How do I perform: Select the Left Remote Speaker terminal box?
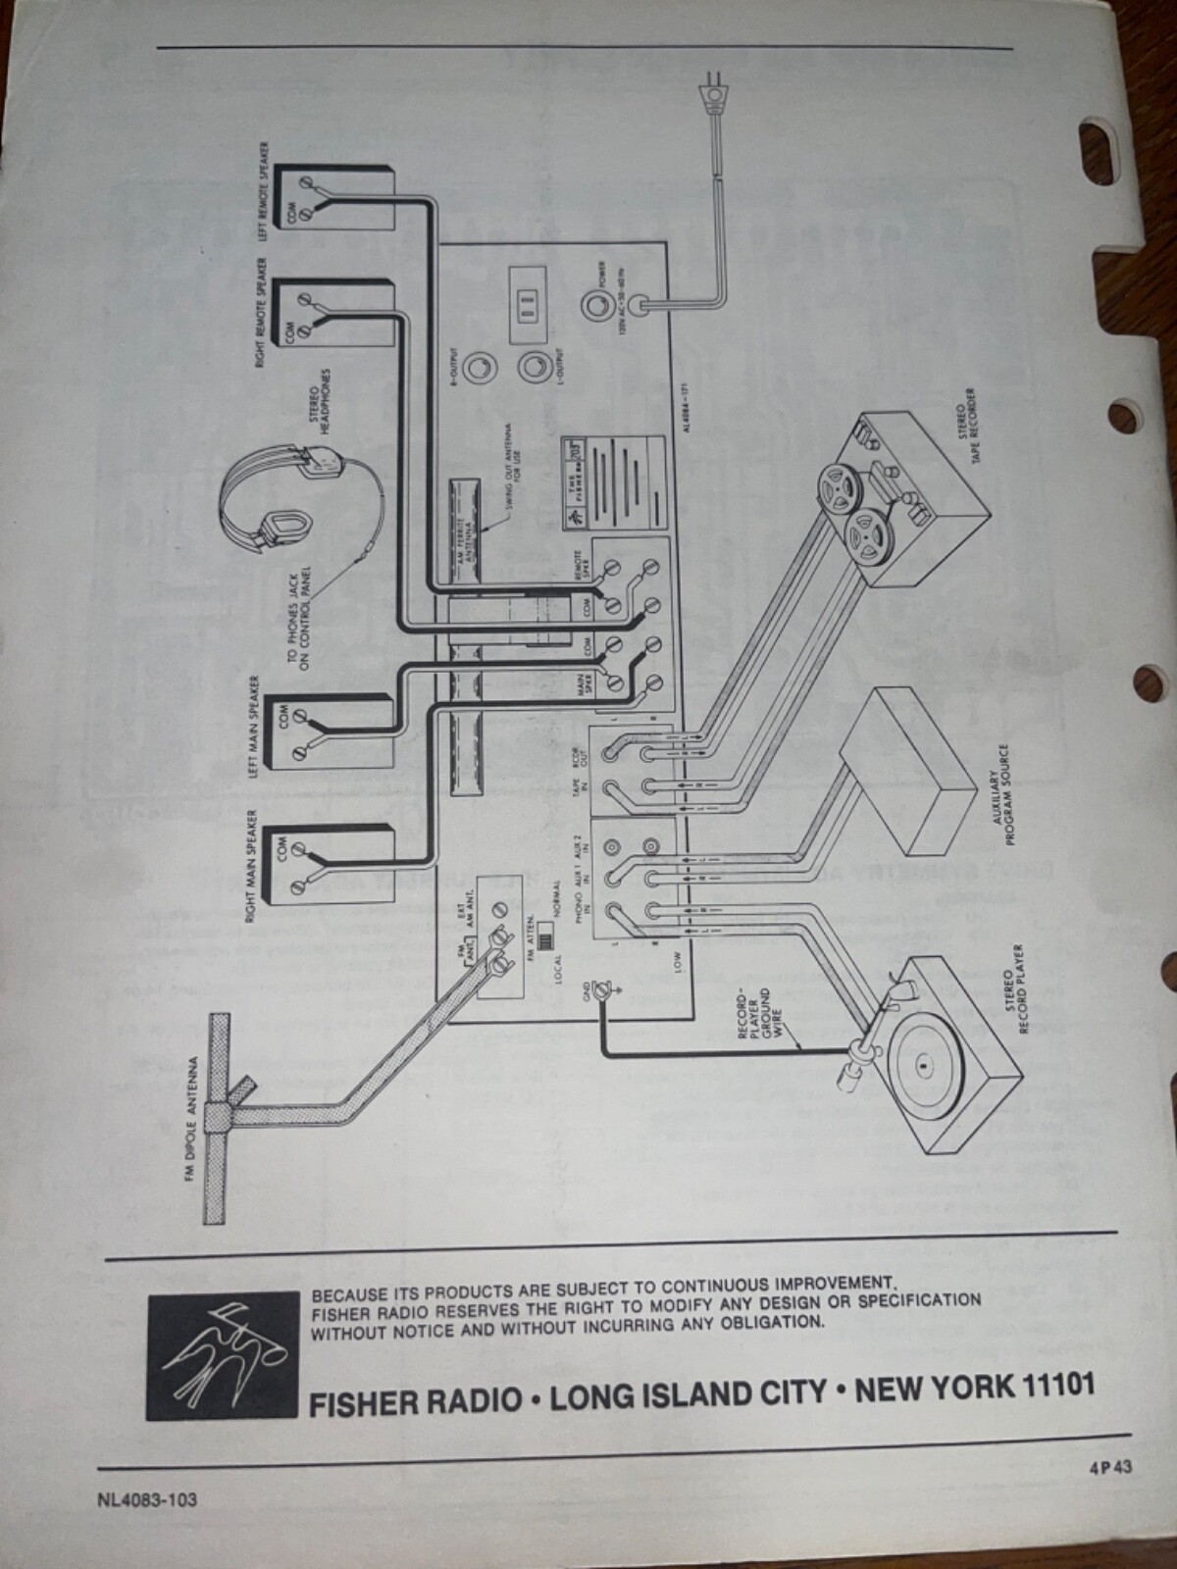[x=334, y=200]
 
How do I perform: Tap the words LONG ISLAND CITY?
[x=688, y=1394]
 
